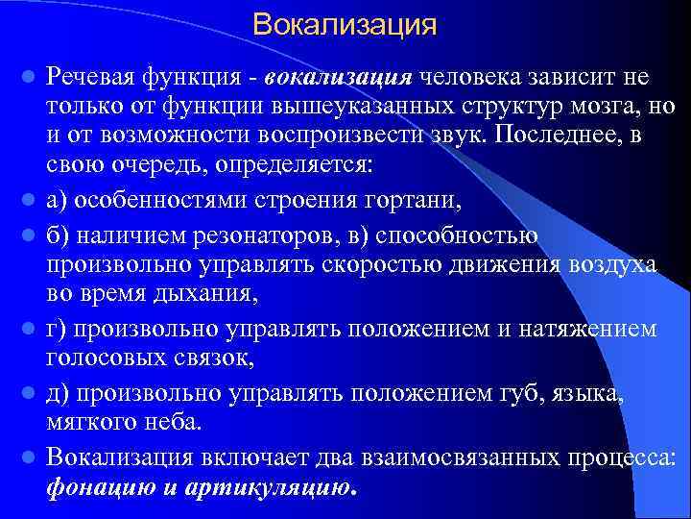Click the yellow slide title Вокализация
tap(345, 24)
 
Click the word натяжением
tap(592, 330)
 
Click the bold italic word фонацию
tap(99, 487)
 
